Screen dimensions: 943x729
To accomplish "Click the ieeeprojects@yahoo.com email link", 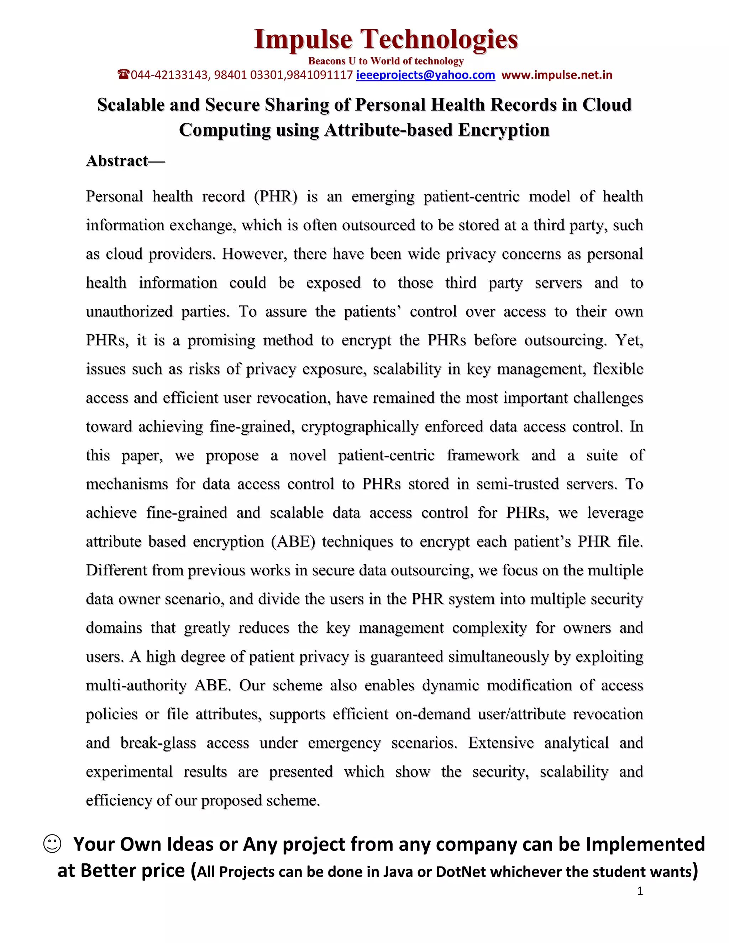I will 425,75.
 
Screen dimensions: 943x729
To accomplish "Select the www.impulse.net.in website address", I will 557,75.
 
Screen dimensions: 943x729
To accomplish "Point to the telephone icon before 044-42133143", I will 124,75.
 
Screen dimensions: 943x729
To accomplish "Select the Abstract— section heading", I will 125,161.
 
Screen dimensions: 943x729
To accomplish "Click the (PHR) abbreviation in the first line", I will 276,196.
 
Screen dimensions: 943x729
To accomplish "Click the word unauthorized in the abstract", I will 129,312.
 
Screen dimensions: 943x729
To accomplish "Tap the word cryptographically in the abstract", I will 359,427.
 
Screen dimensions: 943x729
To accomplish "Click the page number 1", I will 640,891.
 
